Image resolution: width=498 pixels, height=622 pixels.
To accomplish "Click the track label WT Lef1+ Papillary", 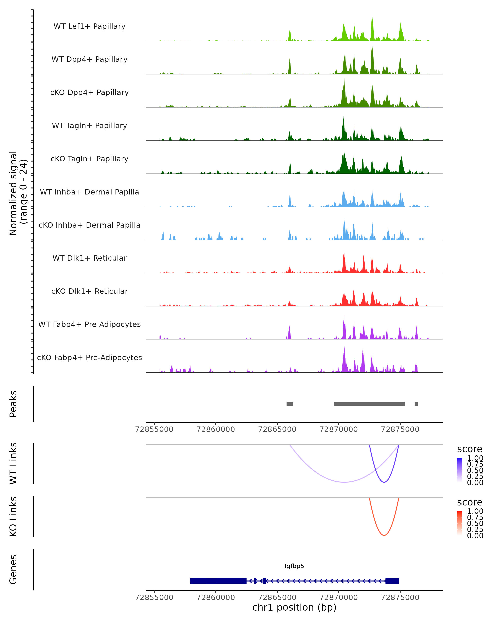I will [x=89, y=26].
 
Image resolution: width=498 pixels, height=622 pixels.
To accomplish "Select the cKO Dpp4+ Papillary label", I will [x=89, y=92].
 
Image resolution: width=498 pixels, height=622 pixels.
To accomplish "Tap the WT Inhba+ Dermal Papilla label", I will [x=89, y=192].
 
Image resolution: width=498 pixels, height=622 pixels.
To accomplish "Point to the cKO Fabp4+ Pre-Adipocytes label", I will [x=89, y=357].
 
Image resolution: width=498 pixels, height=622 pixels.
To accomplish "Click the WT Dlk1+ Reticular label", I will [x=89, y=258].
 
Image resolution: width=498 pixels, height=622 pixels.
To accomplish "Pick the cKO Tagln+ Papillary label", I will [x=89, y=159].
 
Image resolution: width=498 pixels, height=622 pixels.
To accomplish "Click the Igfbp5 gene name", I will [x=294, y=566].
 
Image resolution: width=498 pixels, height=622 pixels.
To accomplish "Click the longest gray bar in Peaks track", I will [x=369, y=404].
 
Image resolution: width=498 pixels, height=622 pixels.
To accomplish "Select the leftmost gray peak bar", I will [x=289, y=404].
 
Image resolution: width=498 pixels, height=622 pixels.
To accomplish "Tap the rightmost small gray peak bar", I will [x=416, y=404].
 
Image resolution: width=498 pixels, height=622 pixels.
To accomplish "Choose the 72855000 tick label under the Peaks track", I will [x=154, y=429].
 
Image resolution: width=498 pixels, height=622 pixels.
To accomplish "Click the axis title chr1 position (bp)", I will [x=294, y=607].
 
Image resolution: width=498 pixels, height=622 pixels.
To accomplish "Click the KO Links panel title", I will [x=13, y=516].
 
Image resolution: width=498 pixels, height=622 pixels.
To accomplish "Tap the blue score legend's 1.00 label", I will [x=475, y=458].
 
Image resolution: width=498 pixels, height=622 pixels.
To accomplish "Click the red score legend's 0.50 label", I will [x=475, y=523].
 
